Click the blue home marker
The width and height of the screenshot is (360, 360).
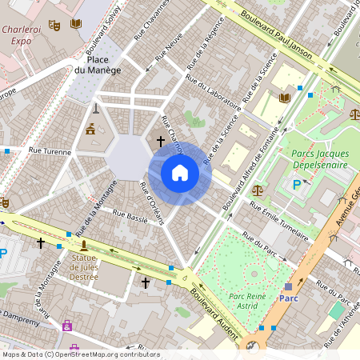click(180, 173)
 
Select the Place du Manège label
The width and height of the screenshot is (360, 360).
click(98, 65)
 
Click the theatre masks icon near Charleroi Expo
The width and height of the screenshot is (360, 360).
click(54, 25)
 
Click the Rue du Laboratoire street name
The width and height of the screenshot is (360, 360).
click(213, 93)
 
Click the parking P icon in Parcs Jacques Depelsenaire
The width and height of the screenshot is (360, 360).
click(298, 185)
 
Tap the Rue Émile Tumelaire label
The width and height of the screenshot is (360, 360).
click(278, 221)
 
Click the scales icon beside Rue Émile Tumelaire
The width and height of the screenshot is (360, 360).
click(257, 190)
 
